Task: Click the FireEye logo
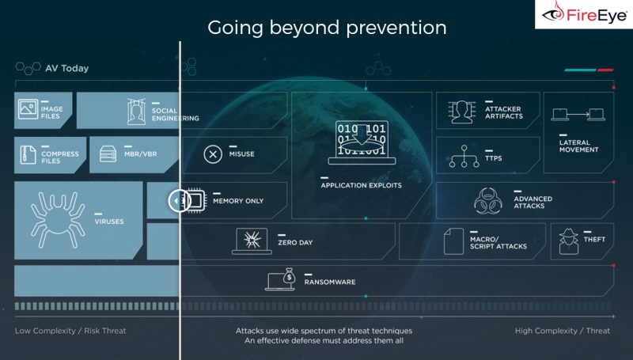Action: click(585, 14)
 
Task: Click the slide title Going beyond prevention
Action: click(327, 28)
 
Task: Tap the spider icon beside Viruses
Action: click(58, 219)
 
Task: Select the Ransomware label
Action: click(330, 282)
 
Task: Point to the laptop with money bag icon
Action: click(281, 279)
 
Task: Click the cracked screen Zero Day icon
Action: click(252, 241)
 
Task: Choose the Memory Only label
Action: click(238, 201)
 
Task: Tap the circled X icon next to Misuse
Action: click(213, 154)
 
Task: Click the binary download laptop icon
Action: click(362, 142)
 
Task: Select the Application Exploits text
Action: click(362, 186)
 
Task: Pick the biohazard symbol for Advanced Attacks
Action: click(488, 201)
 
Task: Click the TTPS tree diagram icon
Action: click(464, 156)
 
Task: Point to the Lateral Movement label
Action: click(578, 146)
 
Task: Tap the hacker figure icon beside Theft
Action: click(569, 241)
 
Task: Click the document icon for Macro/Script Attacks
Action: click(453, 241)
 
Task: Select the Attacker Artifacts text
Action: click(504, 112)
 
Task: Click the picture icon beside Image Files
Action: click(28, 109)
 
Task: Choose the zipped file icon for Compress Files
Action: click(28, 154)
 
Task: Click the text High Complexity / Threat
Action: click(563, 331)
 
